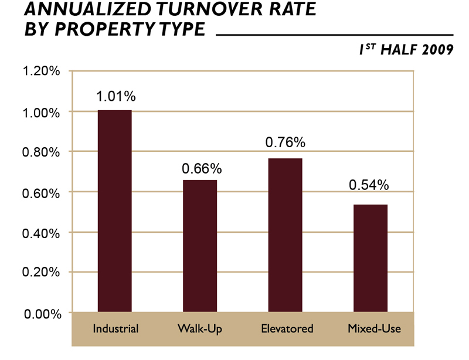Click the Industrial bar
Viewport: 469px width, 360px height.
pos(115,210)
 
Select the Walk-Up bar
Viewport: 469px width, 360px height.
pos(200,246)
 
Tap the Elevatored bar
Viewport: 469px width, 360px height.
pos(286,235)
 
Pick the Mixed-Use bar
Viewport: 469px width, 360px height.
pos(371,258)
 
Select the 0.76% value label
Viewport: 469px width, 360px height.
pos(286,142)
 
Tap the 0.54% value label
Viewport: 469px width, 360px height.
pos(369,185)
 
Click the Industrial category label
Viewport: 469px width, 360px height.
pos(115,328)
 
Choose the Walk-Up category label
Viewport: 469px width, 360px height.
pos(200,328)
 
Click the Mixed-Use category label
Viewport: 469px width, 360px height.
pos(373,328)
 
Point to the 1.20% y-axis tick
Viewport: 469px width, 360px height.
pos(41,72)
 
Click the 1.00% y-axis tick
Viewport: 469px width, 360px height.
pos(41,112)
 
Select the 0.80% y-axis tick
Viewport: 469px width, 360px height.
pos(41,152)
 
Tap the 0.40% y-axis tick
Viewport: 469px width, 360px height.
pos(41,233)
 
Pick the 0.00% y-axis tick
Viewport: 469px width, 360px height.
pos(41,314)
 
